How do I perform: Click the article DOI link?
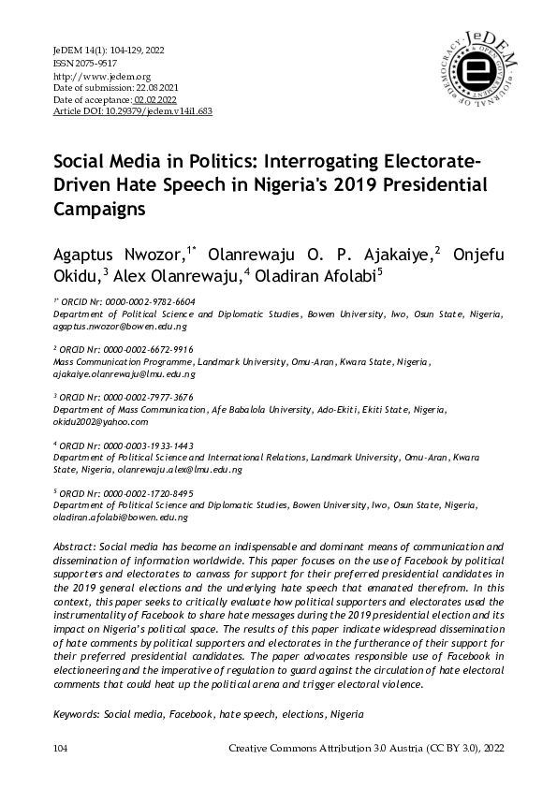134,110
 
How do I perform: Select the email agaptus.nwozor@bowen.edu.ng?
120,328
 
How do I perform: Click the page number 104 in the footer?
63,750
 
